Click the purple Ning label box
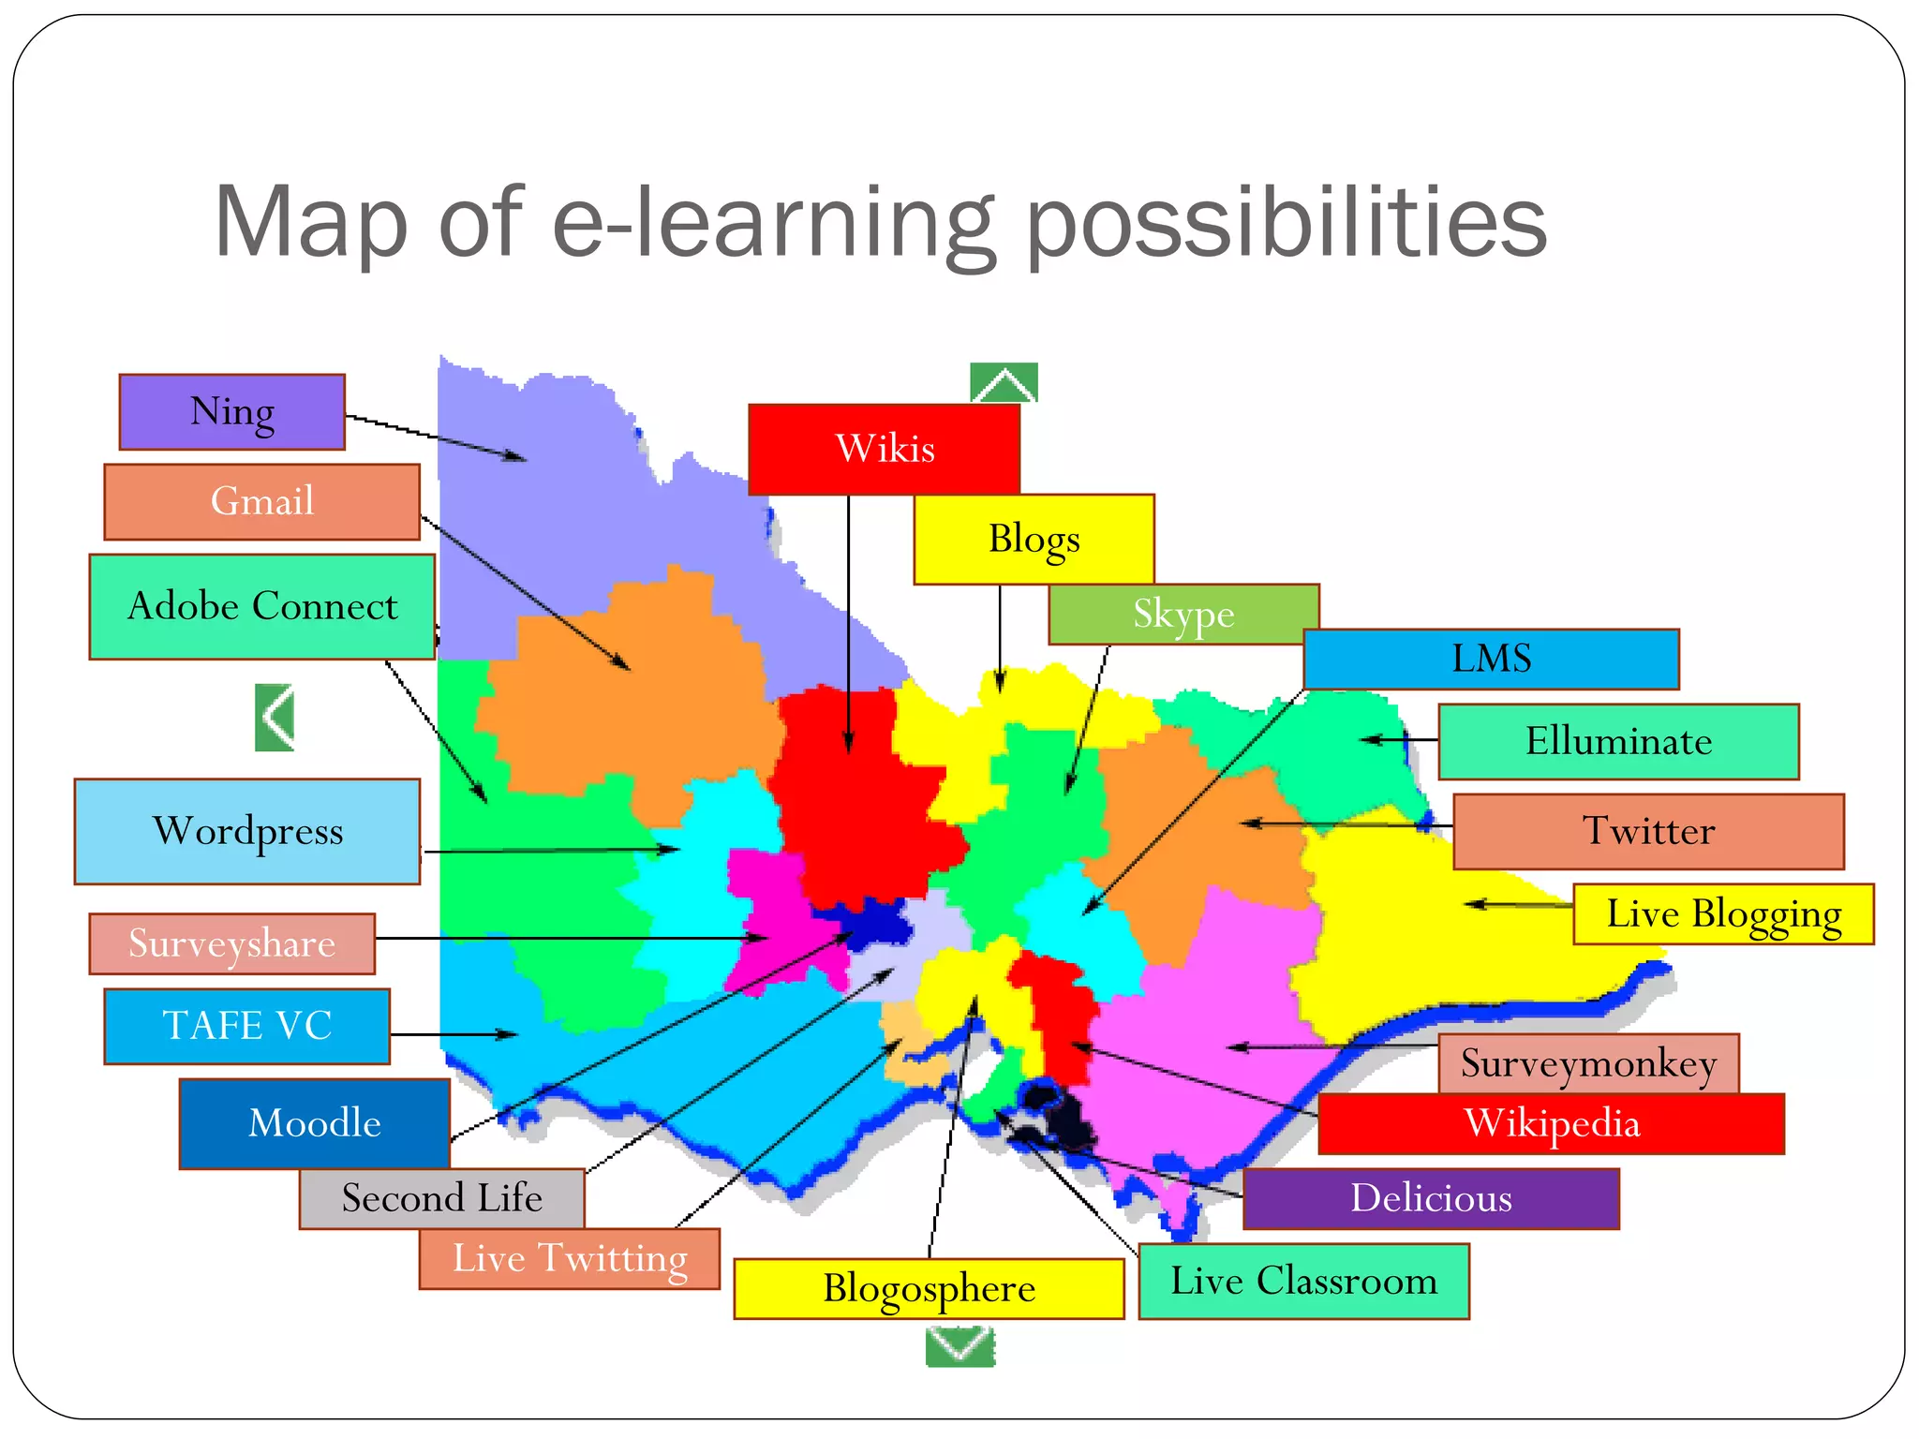(x=231, y=412)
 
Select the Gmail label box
(x=261, y=502)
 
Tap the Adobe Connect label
(x=261, y=607)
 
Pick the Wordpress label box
(x=247, y=832)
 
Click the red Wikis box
(x=884, y=449)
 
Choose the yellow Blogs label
(x=1034, y=540)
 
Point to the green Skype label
(x=1183, y=615)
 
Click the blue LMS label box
(x=1491, y=659)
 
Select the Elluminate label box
(x=1618, y=741)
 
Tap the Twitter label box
(x=1648, y=831)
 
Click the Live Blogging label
(x=1723, y=913)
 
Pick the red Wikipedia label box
(x=1551, y=1124)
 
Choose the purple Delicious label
(x=1431, y=1198)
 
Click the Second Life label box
(x=441, y=1198)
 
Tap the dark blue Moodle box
(x=314, y=1123)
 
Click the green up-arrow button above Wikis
(x=1004, y=382)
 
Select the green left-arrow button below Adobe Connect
(x=275, y=718)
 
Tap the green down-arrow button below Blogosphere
(x=959, y=1347)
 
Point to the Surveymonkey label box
(x=1588, y=1063)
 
